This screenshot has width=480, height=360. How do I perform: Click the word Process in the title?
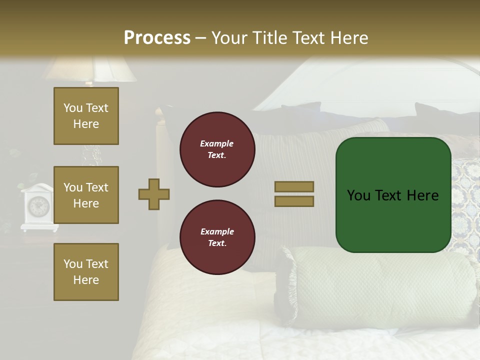157,38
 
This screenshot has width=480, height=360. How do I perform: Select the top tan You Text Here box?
86,116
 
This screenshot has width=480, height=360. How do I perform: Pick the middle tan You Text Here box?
86,195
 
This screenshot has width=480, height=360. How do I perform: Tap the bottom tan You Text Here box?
86,272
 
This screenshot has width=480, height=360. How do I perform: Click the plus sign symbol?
154,194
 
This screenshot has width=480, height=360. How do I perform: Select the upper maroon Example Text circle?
217,149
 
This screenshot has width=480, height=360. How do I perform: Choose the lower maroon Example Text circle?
217,237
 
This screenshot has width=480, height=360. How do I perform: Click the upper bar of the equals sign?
294,186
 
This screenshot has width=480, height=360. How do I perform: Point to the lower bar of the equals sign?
294,201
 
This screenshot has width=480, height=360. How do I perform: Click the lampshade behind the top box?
90,70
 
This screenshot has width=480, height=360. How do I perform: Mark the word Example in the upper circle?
217,143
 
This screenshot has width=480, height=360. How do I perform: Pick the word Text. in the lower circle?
217,243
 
